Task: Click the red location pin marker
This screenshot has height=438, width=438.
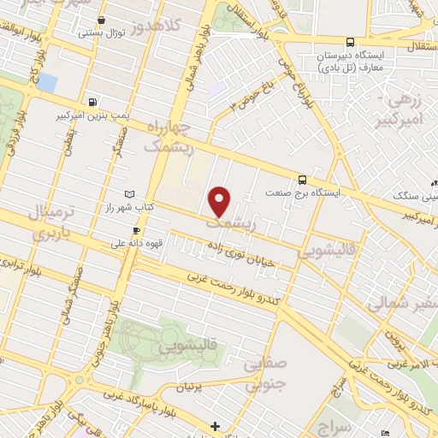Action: (221, 202)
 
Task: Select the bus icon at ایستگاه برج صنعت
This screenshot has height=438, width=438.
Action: (302, 180)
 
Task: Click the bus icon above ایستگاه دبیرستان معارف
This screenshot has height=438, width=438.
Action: (351, 42)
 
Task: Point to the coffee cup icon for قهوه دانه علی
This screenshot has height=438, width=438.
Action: (135, 230)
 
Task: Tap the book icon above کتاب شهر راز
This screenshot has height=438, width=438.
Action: (130, 194)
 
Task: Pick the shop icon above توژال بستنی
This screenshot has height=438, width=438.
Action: (102, 19)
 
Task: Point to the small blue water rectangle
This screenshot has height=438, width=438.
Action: (47, 83)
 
